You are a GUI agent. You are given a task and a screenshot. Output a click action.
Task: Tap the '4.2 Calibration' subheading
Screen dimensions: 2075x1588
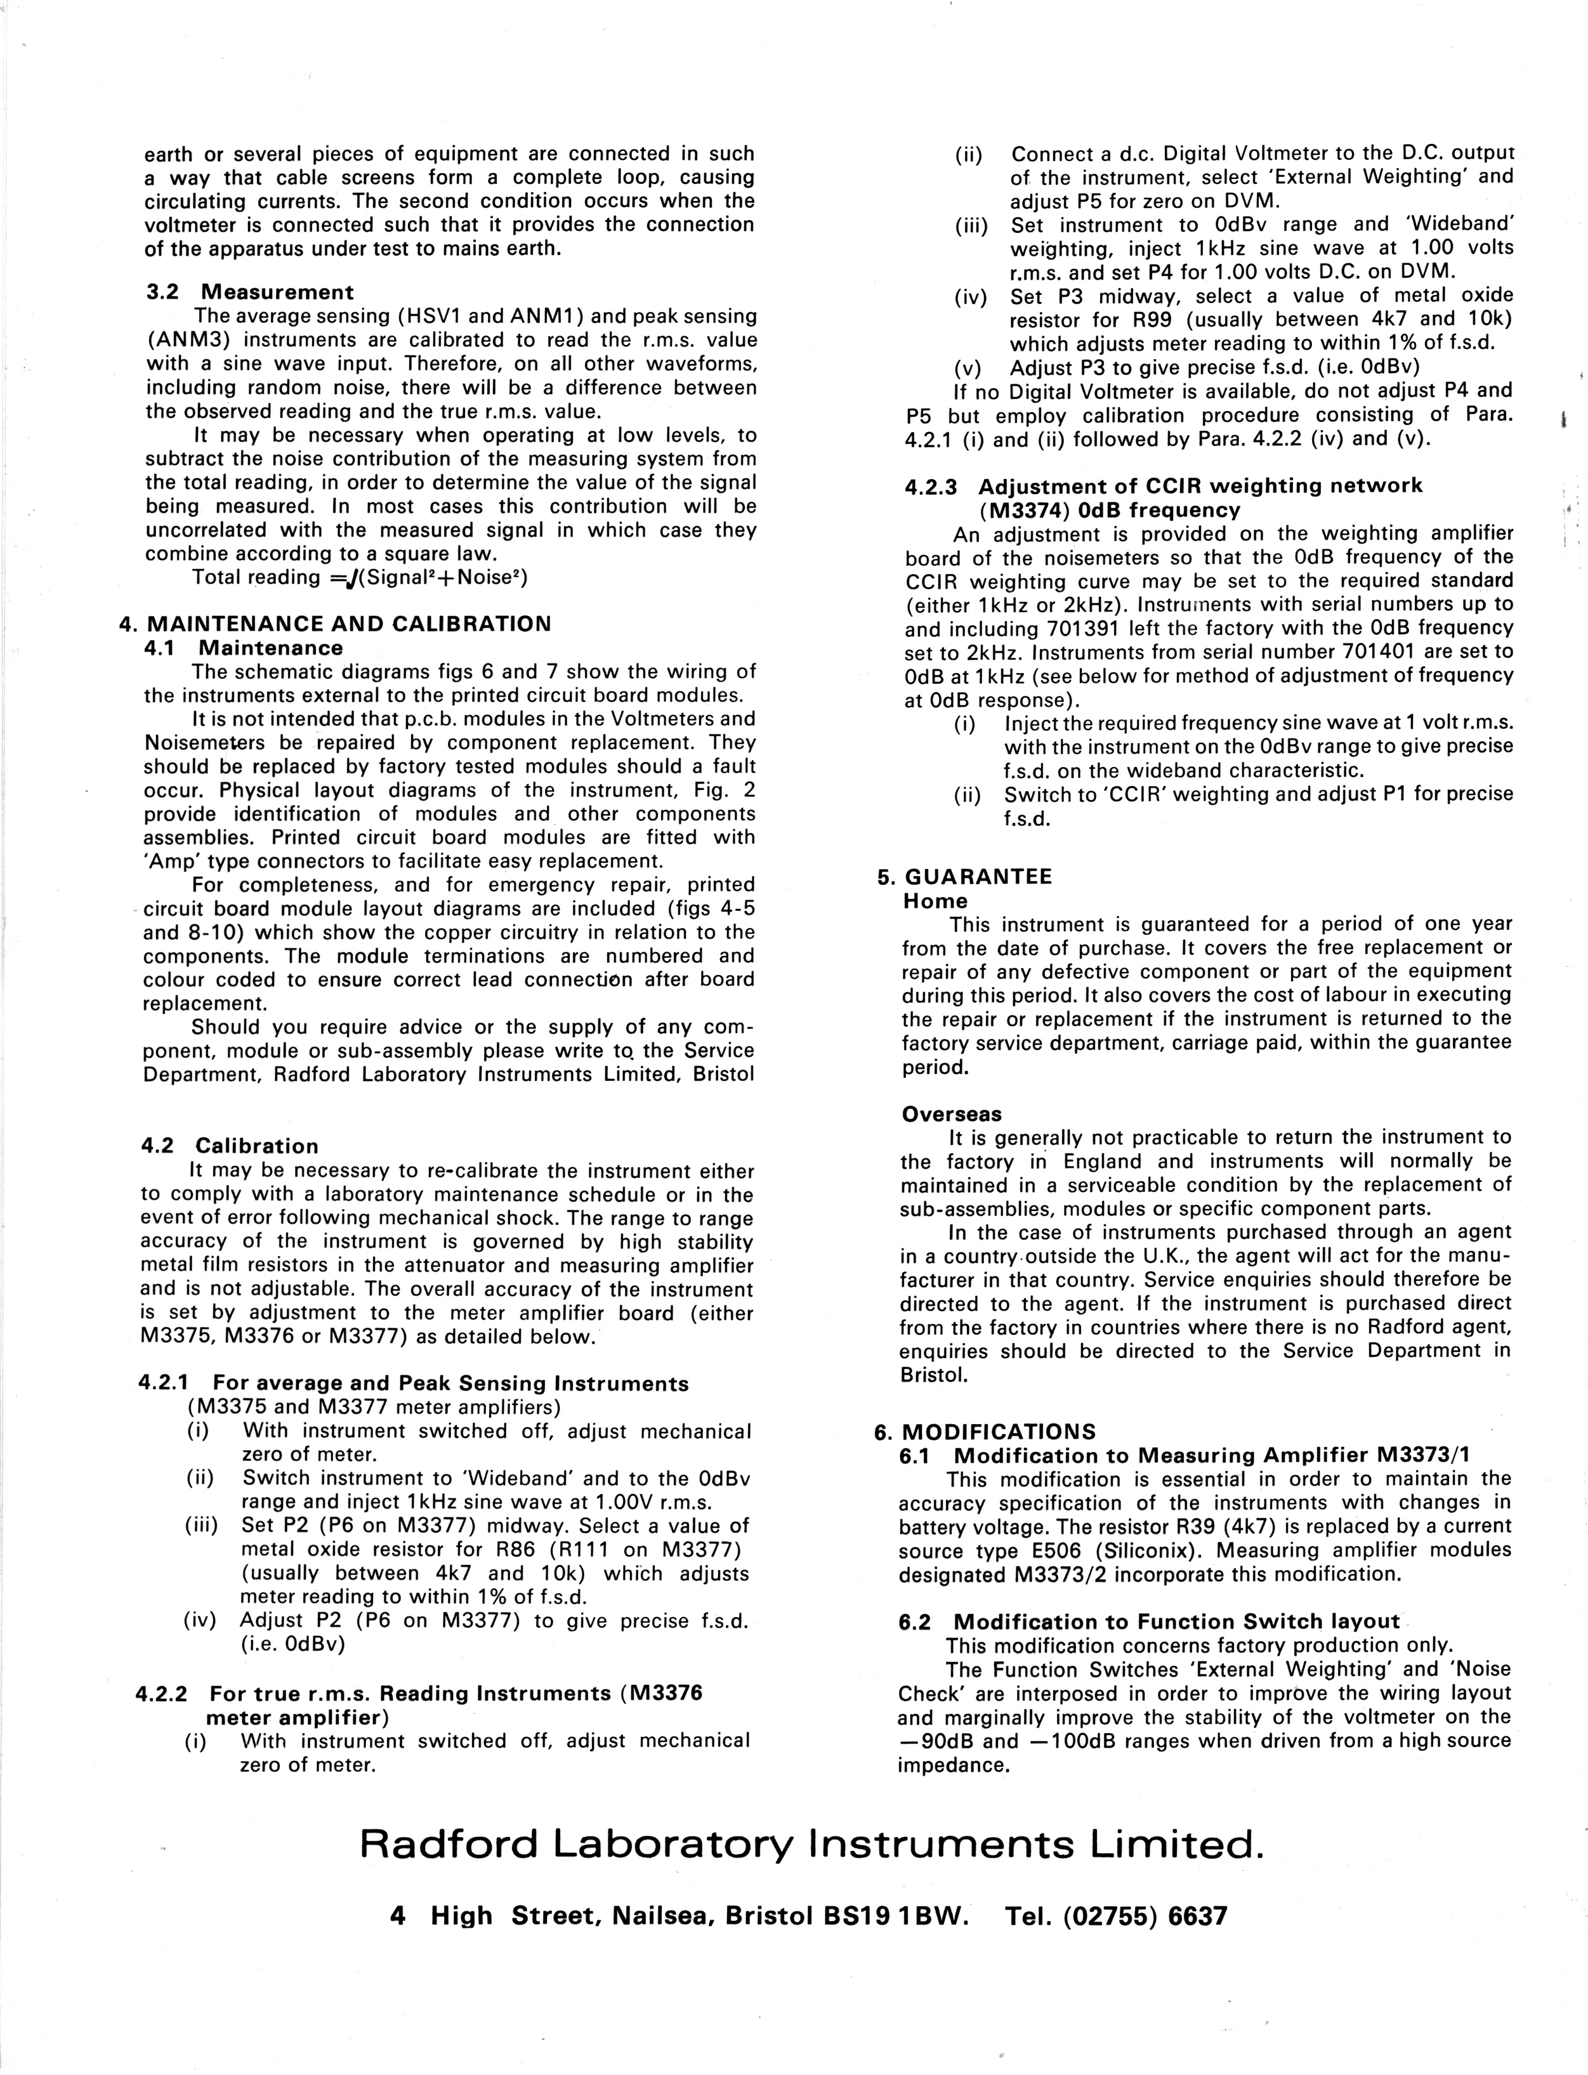click(x=230, y=1146)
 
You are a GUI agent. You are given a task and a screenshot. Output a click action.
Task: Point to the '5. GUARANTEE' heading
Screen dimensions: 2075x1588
click(x=965, y=876)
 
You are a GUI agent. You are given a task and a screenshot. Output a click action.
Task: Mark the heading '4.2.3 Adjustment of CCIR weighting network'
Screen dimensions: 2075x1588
click(x=1164, y=486)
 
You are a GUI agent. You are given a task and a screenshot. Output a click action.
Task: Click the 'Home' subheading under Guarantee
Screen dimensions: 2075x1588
click(x=935, y=901)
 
